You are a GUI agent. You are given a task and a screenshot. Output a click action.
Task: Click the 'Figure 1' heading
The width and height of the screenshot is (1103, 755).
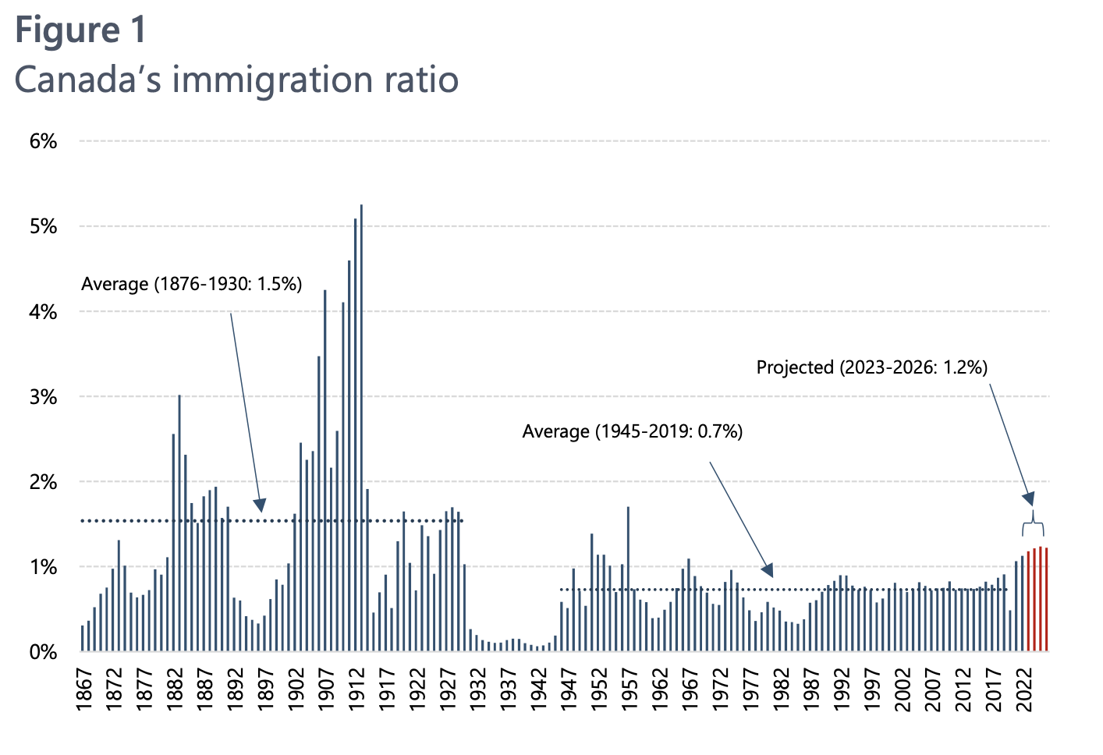coord(80,30)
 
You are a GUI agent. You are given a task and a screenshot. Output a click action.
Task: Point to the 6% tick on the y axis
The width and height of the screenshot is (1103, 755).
coord(43,142)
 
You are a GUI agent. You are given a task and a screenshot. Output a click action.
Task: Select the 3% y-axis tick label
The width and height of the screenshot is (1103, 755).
coord(43,397)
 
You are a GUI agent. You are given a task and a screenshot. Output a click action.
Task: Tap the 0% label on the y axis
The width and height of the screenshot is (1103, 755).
coord(43,652)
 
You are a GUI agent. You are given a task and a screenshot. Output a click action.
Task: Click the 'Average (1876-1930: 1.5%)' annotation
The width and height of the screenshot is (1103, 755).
coord(191,284)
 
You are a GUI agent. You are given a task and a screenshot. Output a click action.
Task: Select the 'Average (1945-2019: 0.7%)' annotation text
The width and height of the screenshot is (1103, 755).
coord(632,431)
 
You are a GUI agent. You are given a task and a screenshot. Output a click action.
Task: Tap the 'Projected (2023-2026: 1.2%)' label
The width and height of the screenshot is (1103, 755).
coord(871,367)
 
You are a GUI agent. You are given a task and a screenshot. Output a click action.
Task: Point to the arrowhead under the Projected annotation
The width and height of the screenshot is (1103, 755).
coord(1029,498)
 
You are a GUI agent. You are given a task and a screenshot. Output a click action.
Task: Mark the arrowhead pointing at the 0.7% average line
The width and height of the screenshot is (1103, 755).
coord(768,569)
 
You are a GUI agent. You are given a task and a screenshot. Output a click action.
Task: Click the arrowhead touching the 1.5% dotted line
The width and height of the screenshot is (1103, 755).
coord(260,505)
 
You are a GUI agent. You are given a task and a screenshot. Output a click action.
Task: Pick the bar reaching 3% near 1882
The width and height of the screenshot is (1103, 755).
coord(179,523)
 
